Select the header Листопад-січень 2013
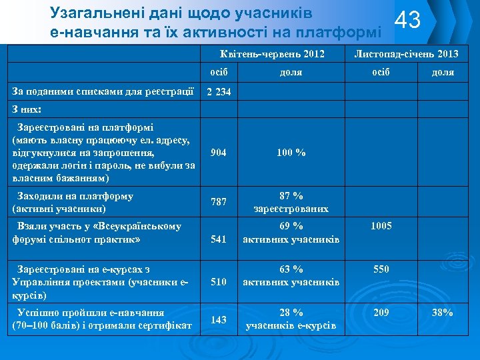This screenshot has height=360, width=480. tap(406, 54)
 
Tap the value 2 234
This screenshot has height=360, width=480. tap(219, 92)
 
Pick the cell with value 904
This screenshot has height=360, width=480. tap(218, 153)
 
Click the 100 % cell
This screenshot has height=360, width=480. tap(291, 153)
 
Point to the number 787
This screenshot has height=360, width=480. tap(218, 202)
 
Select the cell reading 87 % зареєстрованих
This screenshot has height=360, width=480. tap(291, 202)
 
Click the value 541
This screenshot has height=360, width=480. tap(218, 239)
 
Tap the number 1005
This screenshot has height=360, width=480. tap(381, 226)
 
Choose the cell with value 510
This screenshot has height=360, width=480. tap(218, 281)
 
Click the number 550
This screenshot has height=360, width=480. tap(381, 269)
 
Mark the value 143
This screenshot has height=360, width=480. tap(218, 320)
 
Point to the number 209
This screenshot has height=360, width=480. tap(381, 312)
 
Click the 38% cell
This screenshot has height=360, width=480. tap(443, 312)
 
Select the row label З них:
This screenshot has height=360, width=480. tap(27, 109)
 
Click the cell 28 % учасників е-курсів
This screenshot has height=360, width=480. tap(291, 319)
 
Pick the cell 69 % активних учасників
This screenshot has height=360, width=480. tap(291, 233)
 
